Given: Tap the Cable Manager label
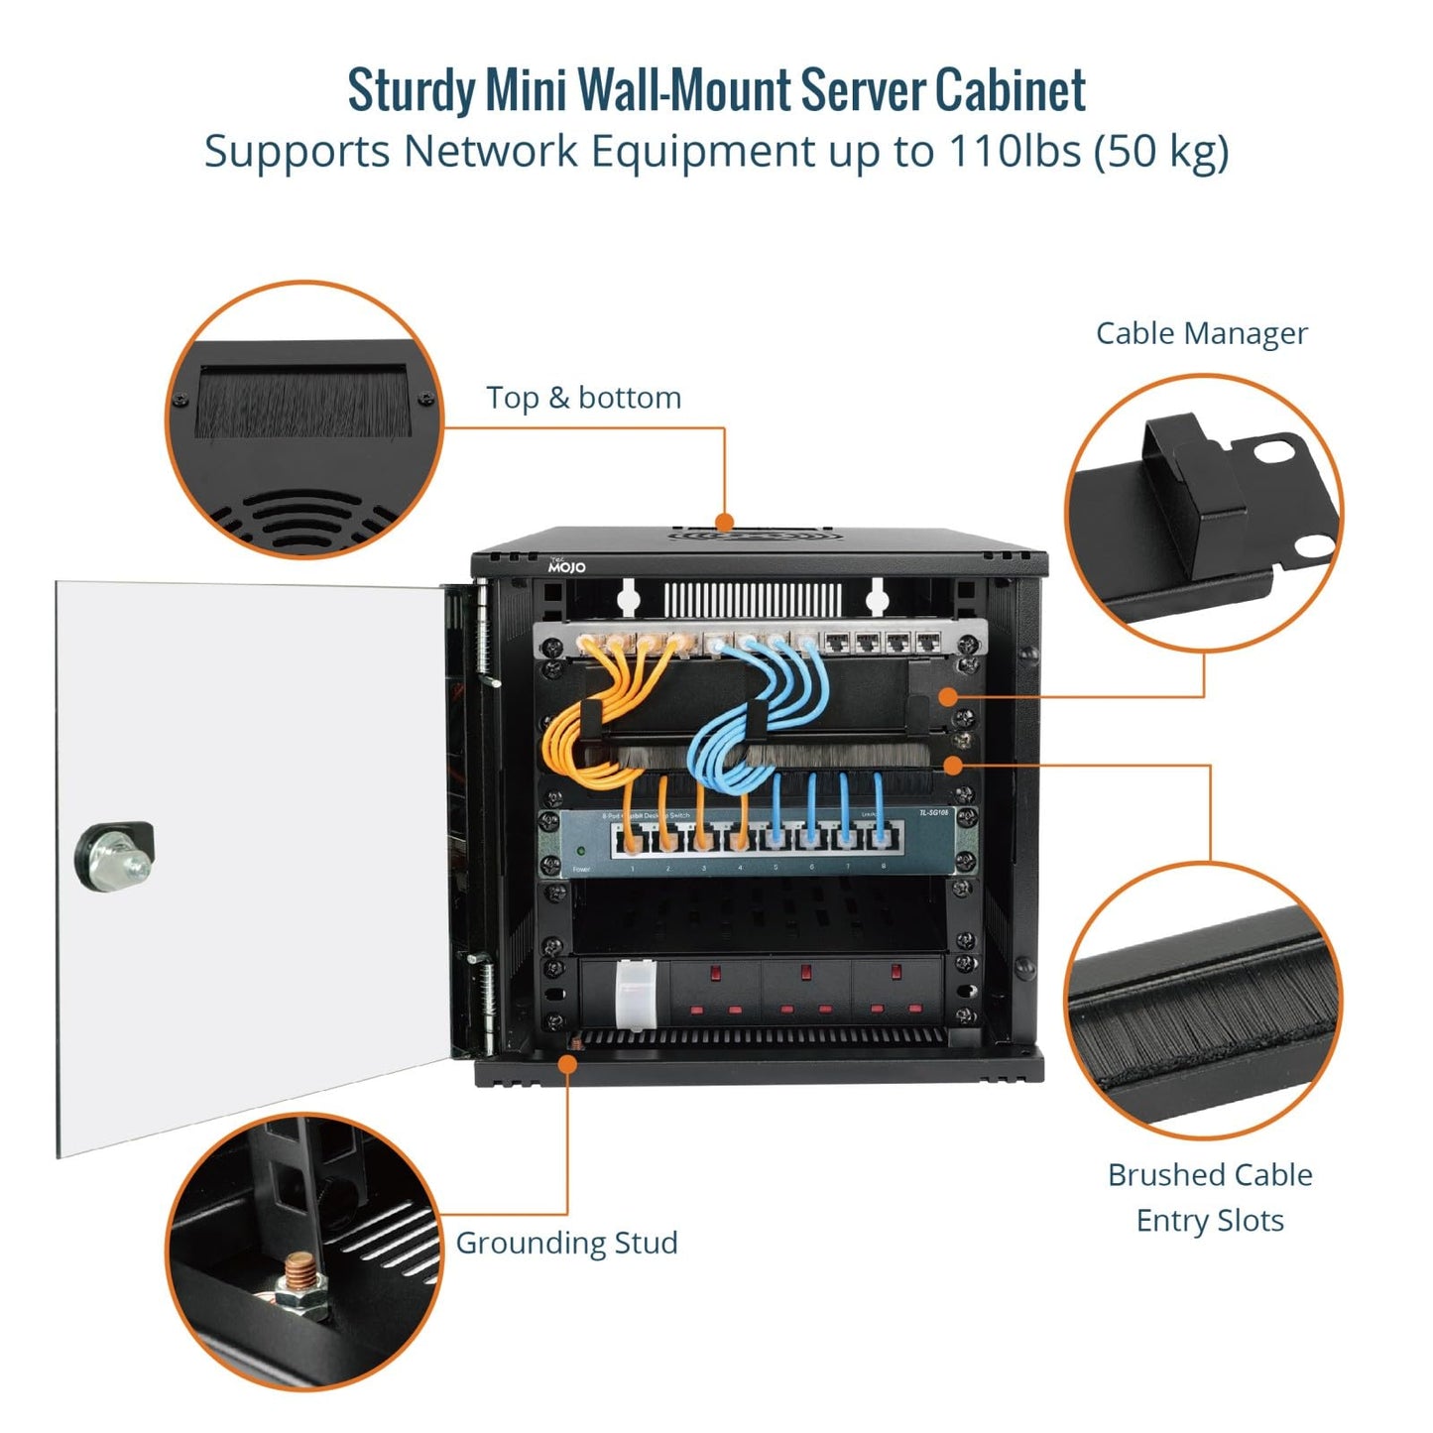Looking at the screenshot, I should [x=1201, y=333].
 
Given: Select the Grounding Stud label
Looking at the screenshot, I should [x=566, y=1243].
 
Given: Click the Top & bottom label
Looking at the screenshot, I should [x=583, y=398].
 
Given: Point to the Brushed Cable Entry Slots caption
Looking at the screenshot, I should [x=1210, y=1197].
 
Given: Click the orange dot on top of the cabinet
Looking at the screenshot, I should [x=725, y=522].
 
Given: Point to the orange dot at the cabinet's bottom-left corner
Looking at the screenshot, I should [x=568, y=1062].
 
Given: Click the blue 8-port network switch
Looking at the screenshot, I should [x=744, y=842].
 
